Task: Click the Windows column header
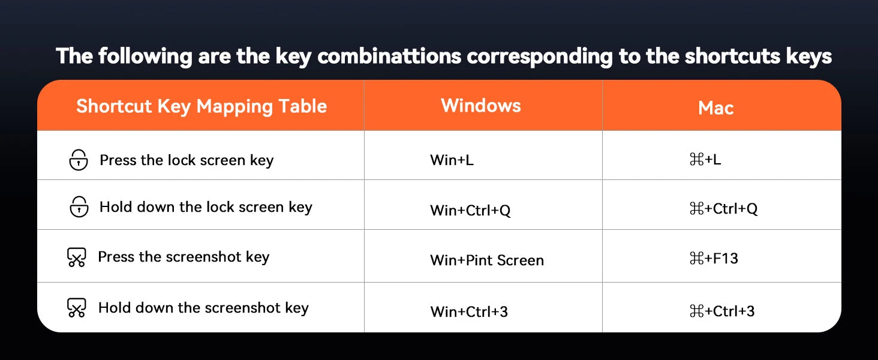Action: pos(481,106)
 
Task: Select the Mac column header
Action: pos(715,108)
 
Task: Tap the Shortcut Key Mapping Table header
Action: pos(202,107)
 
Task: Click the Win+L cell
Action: pos(452,160)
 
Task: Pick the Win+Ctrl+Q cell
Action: pos(470,210)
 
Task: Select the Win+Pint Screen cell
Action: pos(487,260)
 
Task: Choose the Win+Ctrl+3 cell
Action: pos(469,312)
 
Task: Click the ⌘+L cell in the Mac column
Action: pos(705,160)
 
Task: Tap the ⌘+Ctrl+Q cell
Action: pos(723,209)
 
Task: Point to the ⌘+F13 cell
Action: pos(714,259)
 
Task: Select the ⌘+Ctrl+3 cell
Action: pos(722,311)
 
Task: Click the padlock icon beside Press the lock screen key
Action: pos(79,160)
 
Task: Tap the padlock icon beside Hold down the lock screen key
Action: pos(79,206)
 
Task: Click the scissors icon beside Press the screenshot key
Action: pos(76,257)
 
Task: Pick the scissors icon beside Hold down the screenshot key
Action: pos(76,307)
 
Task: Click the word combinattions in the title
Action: pos(389,56)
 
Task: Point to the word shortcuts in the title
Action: pos(733,56)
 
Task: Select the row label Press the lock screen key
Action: pos(187,160)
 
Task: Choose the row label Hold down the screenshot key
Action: pos(203,308)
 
